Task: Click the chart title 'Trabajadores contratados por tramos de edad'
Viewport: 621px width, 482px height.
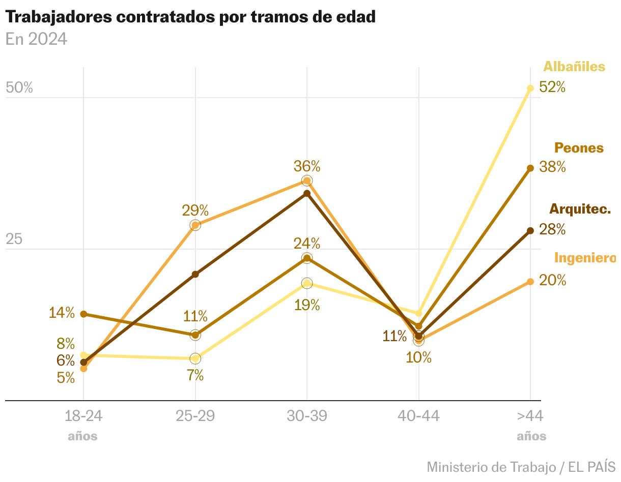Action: (190, 17)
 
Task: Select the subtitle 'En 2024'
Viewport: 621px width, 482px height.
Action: (36, 39)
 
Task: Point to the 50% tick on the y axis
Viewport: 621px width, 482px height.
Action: (19, 88)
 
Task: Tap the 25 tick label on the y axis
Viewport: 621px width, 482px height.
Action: (14, 239)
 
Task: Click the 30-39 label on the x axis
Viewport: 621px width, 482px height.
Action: (307, 416)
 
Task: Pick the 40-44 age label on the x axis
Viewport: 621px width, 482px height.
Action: (418, 416)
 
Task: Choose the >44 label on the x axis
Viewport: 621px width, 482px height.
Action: (530, 416)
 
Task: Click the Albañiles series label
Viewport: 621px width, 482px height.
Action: (574, 67)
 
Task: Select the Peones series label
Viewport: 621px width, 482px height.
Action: (579, 148)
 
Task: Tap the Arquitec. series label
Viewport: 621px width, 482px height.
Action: (580, 209)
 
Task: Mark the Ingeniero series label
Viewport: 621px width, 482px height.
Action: (585, 258)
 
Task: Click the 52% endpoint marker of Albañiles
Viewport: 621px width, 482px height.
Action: (530, 88)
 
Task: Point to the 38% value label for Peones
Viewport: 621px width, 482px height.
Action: (552, 167)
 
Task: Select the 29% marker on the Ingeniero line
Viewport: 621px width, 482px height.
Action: (195, 225)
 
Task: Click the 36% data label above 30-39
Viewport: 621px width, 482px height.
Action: (307, 166)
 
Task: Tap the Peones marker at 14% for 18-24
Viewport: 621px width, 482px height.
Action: (84, 314)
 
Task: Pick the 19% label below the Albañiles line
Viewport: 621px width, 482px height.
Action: (307, 305)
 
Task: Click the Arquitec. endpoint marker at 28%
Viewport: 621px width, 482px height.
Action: (530, 231)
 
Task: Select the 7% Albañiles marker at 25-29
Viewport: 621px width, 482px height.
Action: (195, 358)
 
